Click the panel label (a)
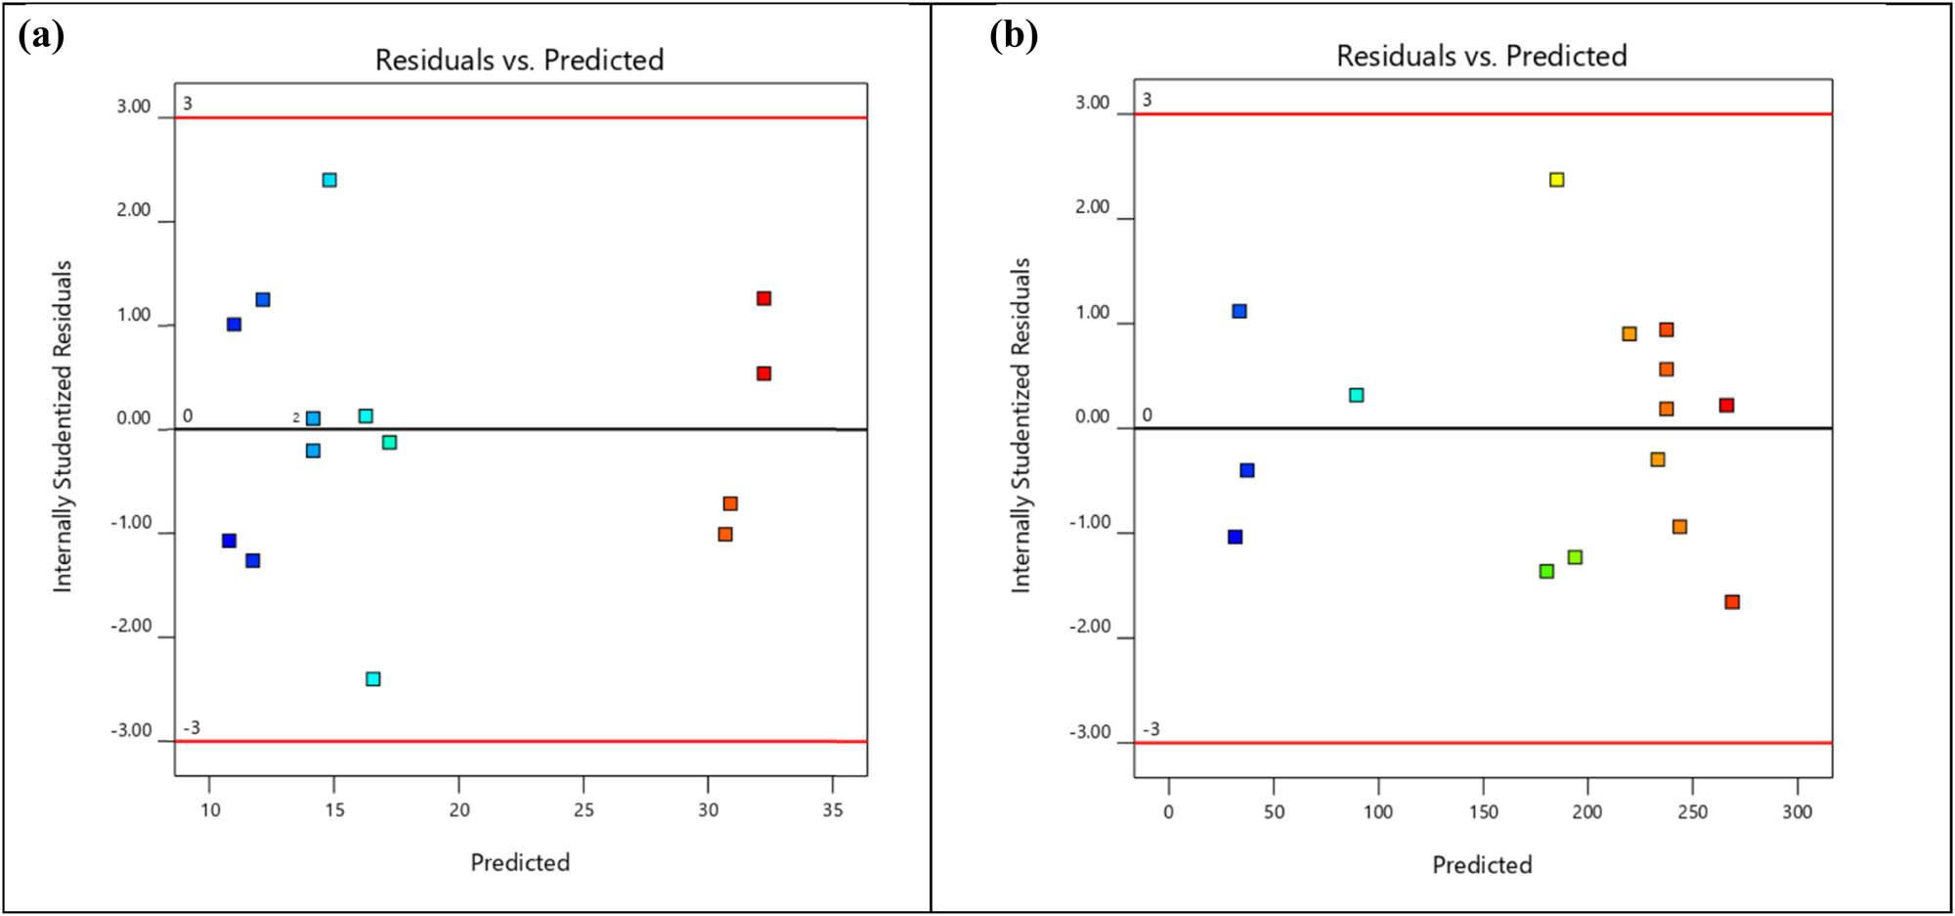[x=41, y=36]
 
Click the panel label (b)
[x=1013, y=36]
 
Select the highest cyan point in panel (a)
[x=329, y=180]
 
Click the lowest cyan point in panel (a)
[x=372, y=678]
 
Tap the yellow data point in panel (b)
[x=1556, y=180]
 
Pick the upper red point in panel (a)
[x=763, y=298]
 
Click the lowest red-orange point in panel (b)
[x=1731, y=602]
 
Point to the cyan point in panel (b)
[x=1356, y=395]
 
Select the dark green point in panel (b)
[x=1546, y=571]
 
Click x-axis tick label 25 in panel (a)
[x=583, y=810]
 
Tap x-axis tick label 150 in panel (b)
[x=1483, y=812]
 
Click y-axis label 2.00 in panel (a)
[x=134, y=210]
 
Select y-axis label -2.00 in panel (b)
[x=1090, y=627]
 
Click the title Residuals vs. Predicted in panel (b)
[x=1481, y=56]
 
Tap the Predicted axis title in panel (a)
[x=520, y=862]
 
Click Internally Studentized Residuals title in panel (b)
[x=1021, y=425]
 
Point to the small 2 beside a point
[x=296, y=417]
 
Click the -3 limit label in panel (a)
[x=192, y=727]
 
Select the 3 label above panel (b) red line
[x=1147, y=100]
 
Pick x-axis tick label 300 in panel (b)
[x=1797, y=812]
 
